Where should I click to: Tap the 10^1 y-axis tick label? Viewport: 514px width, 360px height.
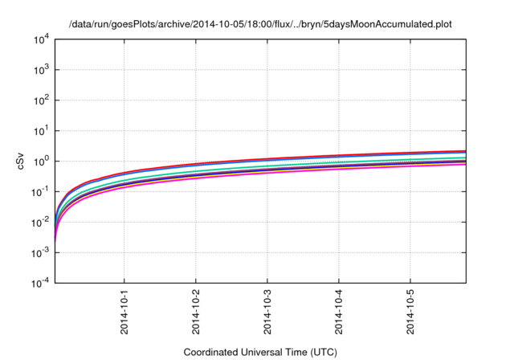(x=40, y=131)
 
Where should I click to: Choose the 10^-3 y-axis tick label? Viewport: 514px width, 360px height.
(x=39, y=252)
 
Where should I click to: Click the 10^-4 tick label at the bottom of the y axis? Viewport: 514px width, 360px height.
(x=39, y=283)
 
